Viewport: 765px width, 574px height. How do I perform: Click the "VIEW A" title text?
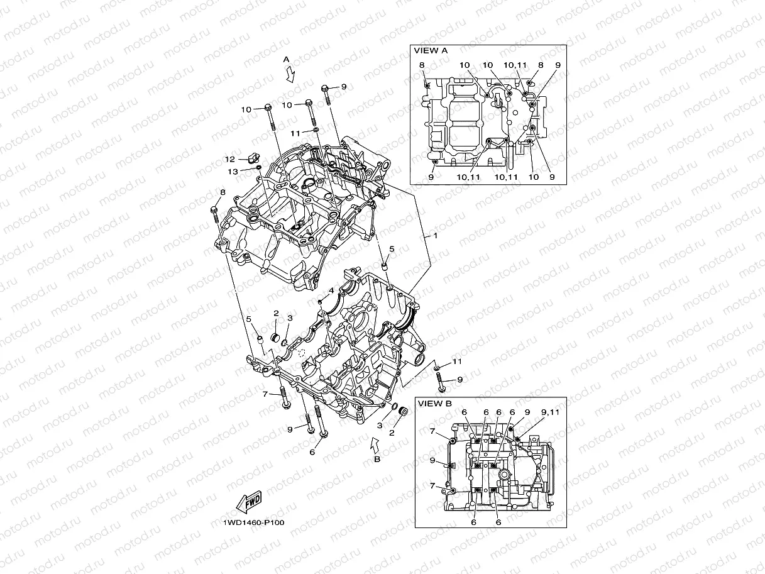(430, 50)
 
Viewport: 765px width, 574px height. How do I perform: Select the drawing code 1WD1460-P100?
(249, 522)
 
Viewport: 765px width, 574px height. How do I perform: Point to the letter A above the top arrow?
(286, 59)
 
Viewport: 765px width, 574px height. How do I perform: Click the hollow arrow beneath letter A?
(289, 75)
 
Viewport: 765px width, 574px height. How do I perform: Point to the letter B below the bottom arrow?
(377, 460)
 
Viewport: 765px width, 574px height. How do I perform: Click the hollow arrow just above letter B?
(375, 446)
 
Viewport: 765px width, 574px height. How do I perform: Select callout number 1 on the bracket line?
(434, 235)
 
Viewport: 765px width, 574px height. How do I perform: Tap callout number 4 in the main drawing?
(331, 290)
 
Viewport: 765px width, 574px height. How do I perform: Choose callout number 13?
(232, 172)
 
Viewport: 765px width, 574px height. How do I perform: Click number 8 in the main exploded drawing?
(222, 192)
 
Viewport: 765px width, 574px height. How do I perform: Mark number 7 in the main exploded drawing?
(266, 394)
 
